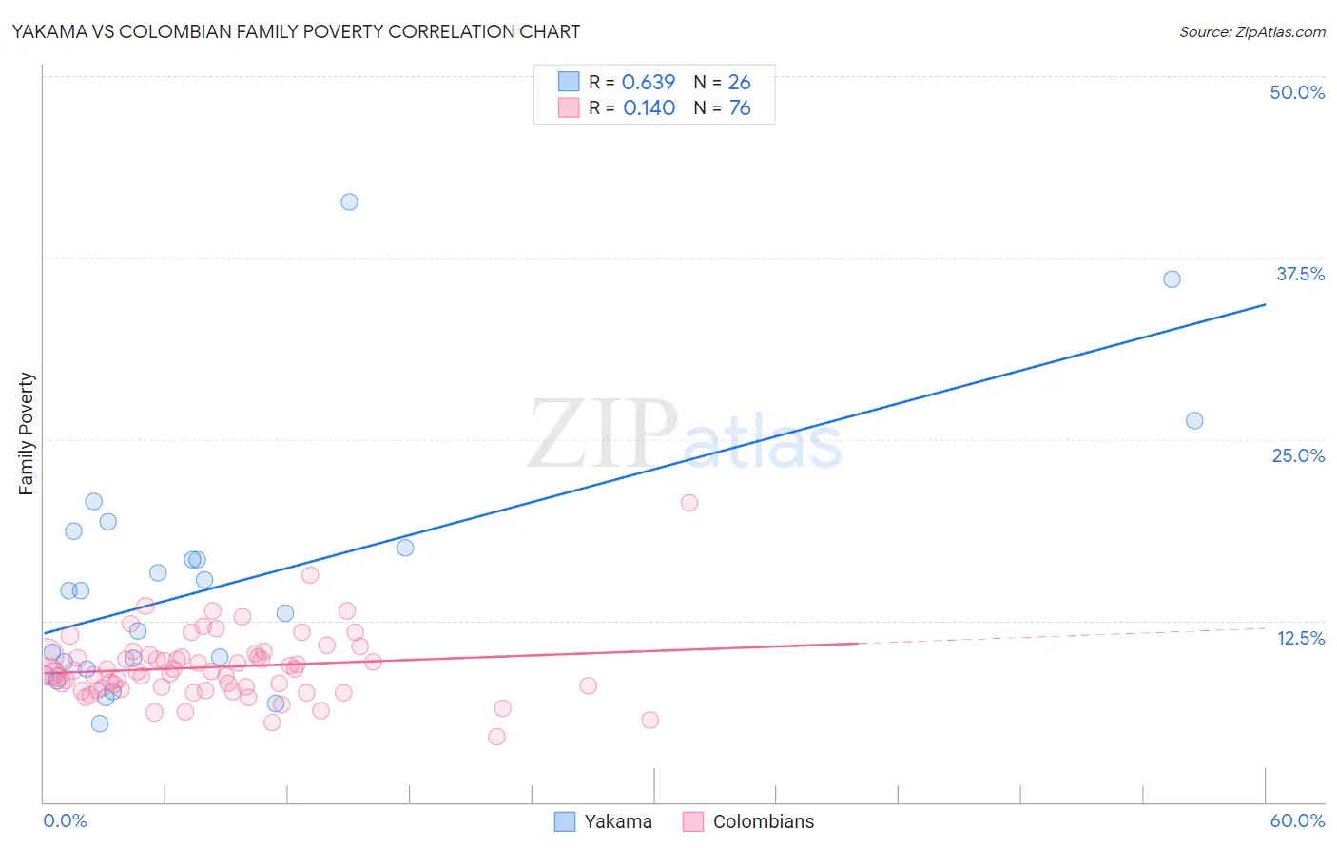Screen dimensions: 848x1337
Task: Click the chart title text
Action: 296,32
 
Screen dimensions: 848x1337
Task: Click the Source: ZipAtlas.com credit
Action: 1251,32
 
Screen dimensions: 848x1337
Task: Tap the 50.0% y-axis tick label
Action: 1297,92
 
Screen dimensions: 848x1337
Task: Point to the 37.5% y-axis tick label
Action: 1300,274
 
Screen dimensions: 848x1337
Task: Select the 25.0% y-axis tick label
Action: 1298,455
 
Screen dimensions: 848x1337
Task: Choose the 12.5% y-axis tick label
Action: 1300,638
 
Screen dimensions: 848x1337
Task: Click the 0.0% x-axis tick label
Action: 65,820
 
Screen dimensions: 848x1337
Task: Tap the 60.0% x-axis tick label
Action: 1297,820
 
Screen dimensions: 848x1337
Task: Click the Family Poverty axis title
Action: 27,434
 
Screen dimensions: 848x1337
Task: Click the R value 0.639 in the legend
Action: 649,83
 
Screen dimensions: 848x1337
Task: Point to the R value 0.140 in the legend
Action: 649,108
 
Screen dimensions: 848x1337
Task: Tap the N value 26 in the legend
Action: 739,83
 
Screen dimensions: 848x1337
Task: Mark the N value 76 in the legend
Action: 739,108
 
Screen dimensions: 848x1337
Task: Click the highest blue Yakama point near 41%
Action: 349,202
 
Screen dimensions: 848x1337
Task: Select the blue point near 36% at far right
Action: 1172,279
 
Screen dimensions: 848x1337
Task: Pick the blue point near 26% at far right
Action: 1194,420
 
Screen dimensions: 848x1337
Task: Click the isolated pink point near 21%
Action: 689,503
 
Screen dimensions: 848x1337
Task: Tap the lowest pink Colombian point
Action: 496,737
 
